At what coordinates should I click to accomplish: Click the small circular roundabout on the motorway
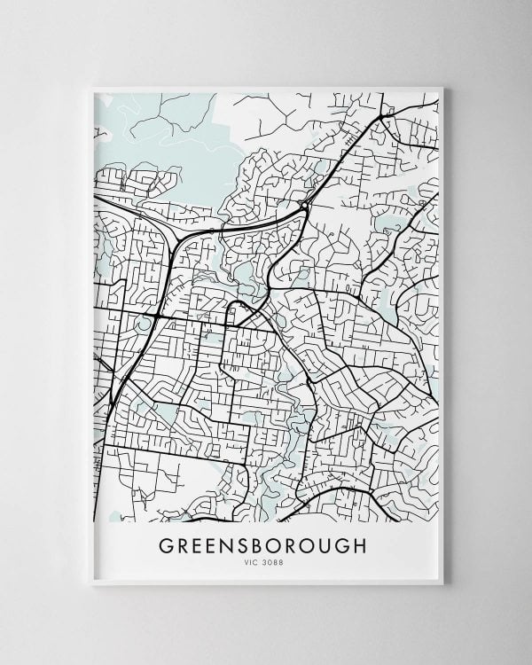303,206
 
